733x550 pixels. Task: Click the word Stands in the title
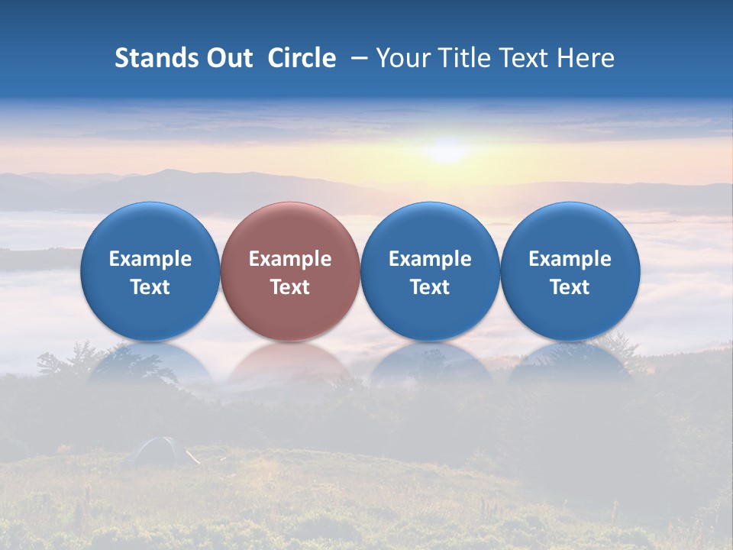[157, 58]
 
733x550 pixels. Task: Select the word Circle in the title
[302, 58]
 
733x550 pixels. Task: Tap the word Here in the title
[586, 58]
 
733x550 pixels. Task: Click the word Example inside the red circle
[290, 259]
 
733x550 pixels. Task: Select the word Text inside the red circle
[290, 287]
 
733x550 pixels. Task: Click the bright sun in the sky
[447, 149]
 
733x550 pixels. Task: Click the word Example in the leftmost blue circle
[150, 259]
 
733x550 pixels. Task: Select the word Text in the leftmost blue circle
[150, 287]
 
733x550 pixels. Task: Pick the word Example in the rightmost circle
[570, 259]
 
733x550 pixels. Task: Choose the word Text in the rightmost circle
[570, 287]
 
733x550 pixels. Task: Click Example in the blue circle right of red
[430, 259]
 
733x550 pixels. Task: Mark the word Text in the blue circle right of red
[430, 287]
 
